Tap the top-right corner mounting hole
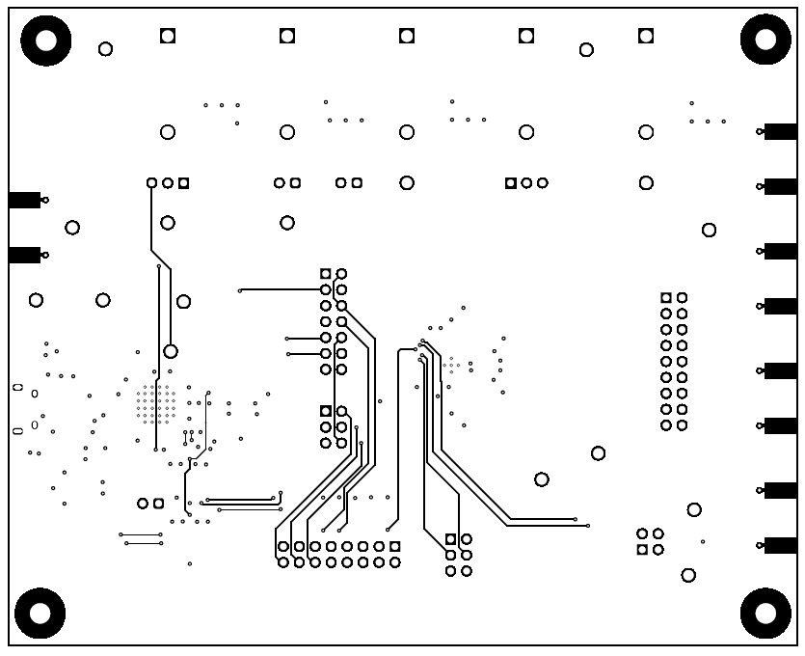(x=765, y=40)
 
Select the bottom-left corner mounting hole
(x=40, y=614)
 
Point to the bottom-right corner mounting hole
(x=765, y=613)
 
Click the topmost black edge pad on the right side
(x=780, y=131)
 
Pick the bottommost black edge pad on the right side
(x=780, y=545)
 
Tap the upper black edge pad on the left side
(x=24, y=200)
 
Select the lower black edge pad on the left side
(x=24, y=255)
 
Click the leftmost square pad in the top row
(x=168, y=36)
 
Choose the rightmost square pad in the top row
(x=646, y=36)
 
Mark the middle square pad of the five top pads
(x=407, y=36)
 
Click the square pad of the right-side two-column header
(x=666, y=298)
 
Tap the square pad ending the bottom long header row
(x=394, y=546)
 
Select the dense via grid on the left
(x=156, y=404)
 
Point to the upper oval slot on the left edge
(x=17, y=387)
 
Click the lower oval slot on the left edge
(x=17, y=430)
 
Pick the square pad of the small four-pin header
(x=642, y=550)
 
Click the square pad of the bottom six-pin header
(x=450, y=539)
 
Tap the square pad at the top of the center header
(x=326, y=274)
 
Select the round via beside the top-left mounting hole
(x=105, y=49)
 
